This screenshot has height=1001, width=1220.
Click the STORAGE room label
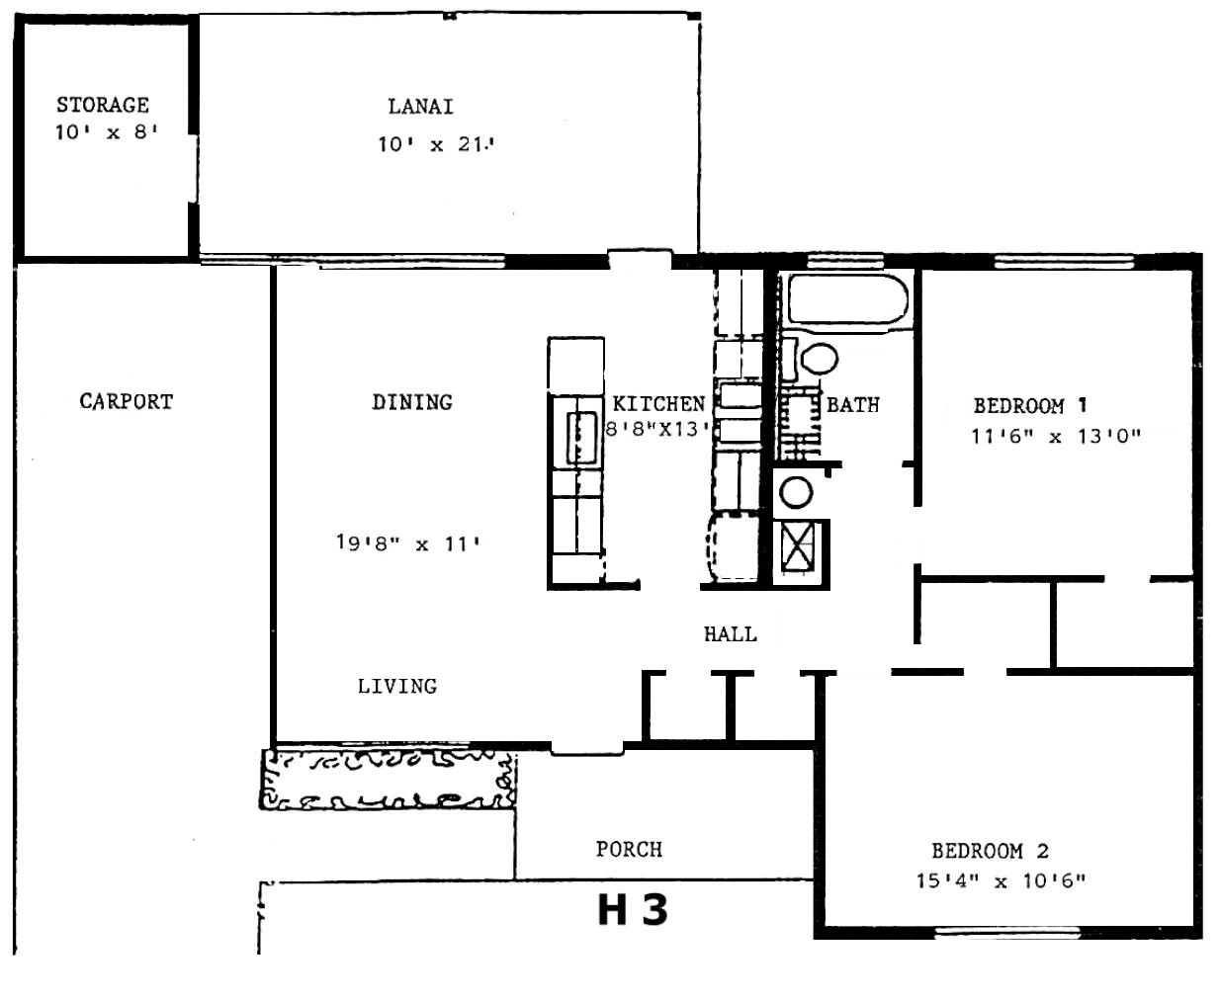103,106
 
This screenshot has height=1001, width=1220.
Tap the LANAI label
420,107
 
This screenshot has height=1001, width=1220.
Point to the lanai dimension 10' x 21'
437,144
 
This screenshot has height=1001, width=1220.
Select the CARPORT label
127,401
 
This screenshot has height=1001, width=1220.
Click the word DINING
412,402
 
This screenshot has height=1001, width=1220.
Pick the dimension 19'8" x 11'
408,543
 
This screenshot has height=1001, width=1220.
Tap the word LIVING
397,687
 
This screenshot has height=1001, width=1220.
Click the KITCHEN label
658,403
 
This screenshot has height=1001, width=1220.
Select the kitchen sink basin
581,437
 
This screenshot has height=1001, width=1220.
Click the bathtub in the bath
847,299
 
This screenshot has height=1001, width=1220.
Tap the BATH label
853,405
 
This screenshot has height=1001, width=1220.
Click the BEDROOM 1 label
1030,405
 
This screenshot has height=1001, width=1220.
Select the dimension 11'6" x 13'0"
1056,436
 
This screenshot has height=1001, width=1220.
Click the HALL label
731,634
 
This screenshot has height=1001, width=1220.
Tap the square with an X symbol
798,546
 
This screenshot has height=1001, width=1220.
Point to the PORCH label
630,849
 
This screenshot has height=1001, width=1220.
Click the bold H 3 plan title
633,910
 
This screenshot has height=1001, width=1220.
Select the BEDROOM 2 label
990,851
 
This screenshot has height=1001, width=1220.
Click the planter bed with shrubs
388,780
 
